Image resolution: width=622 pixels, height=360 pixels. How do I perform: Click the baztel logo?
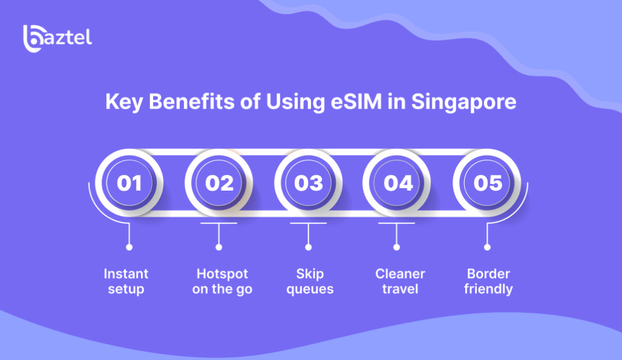click(x=58, y=39)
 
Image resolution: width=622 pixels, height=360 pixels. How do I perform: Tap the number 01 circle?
click(x=129, y=183)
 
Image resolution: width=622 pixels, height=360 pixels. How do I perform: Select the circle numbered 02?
click(x=219, y=183)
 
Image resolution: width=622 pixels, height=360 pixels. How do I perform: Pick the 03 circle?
click(x=308, y=183)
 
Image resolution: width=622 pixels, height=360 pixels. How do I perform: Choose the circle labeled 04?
click(x=397, y=183)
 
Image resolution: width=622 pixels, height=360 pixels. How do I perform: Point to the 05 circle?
click(x=487, y=183)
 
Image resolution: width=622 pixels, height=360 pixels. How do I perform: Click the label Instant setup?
click(x=126, y=281)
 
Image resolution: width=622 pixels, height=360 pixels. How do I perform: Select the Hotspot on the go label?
click(x=222, y=281)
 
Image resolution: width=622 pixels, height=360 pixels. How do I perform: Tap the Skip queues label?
click(x=310, y=281)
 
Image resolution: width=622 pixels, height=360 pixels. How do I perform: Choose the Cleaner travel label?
click(x=400, y=281)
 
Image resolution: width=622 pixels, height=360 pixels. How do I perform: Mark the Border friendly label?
click(x=488, y=281)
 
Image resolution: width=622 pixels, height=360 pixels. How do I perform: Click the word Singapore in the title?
click(x=463, y=102)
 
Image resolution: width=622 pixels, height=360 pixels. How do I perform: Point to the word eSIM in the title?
click(x=356, y=101)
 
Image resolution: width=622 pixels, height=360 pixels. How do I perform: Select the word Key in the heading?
click(x=124, y=102)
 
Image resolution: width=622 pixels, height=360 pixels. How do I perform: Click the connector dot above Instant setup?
click(x=129, y=248)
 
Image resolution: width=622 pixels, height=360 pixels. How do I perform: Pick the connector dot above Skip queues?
click(x=308, y=248)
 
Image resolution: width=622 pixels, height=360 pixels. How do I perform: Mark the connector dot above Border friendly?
click(x=487, y=248)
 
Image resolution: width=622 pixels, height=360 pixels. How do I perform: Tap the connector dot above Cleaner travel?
click(x=397, y=248)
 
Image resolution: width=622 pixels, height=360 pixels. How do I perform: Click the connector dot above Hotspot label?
click(x=219, y=248)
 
